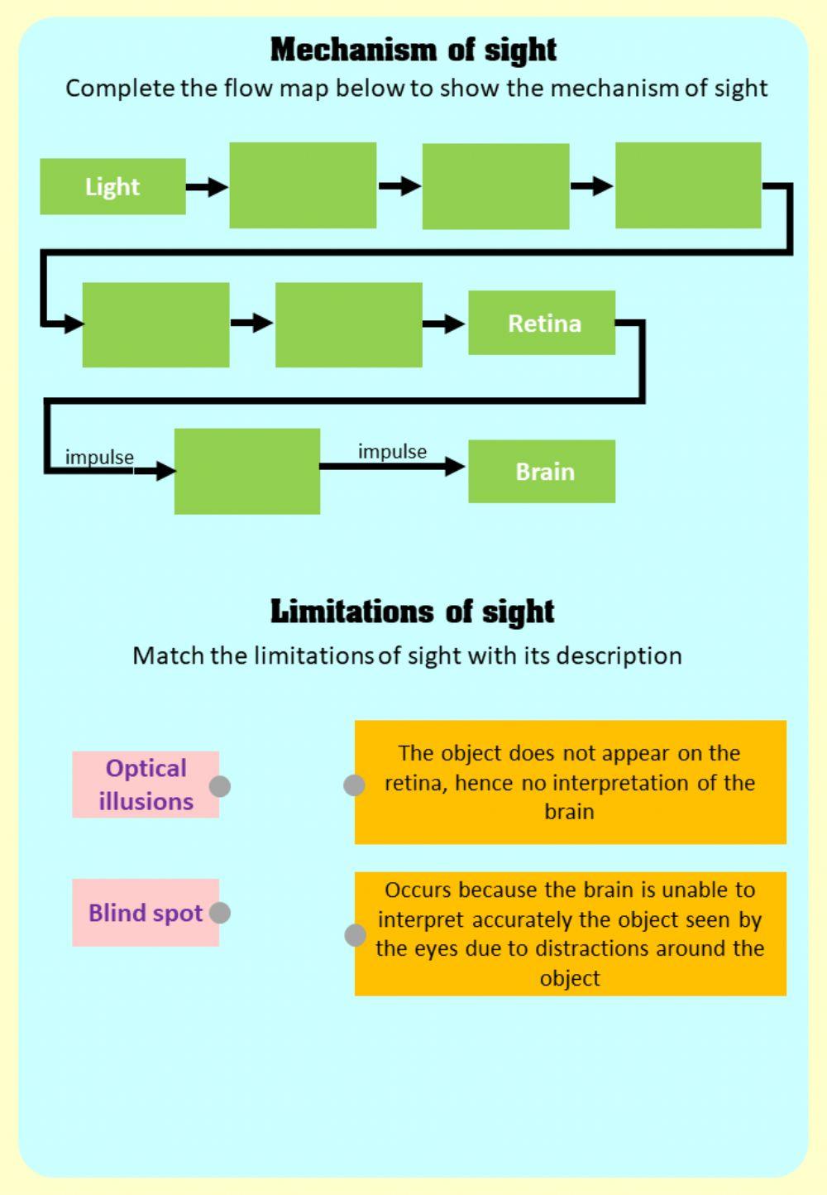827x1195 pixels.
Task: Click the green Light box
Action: point(112,186)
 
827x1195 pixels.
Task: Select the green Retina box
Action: point(542,323)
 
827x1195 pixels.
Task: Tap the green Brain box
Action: point(542,472)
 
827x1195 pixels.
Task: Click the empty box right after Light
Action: point(303,185)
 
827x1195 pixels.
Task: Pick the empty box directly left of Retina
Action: point(348,324)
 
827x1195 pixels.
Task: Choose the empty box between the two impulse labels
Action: point(247,471)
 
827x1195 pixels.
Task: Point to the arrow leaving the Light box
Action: point(207,187)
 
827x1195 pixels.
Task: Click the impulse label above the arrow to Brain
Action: point(392,451)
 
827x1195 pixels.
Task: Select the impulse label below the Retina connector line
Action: point(99,457)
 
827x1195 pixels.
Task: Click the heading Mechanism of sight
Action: point(413,50)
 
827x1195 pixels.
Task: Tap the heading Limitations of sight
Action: point(412,612)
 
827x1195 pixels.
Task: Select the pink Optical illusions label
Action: point(146,785)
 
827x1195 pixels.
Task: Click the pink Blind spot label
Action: point(146,913)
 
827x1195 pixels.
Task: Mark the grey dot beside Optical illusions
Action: point(220,786)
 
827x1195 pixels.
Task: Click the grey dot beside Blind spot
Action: point(220,913)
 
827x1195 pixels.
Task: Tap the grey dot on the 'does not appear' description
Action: point(354,785)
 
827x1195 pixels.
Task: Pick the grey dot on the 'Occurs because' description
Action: point(355,935)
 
